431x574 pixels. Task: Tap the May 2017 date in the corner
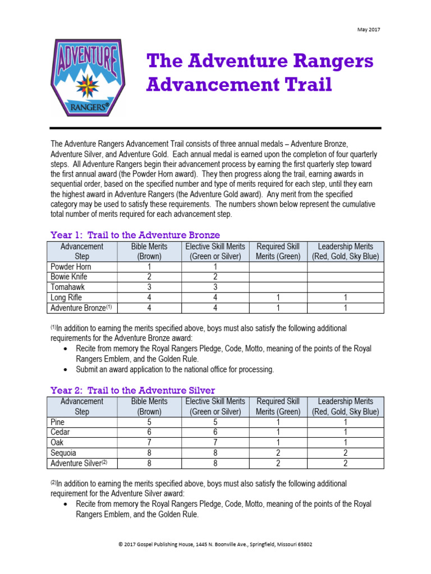point(368,30)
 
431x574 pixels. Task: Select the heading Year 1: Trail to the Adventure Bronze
point(135,235)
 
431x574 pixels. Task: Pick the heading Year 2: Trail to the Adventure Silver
point(132,390)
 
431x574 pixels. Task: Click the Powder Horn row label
point(71,267)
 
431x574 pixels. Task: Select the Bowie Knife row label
point(69,277)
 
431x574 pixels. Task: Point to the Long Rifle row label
point(67,298)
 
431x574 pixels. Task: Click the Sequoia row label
point(63,453)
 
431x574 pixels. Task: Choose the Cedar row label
point(61,432)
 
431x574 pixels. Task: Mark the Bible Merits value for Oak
point(149,443)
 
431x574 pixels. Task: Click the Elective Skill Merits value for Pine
point(215,422)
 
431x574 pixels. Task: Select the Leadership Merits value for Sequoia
point(346,453)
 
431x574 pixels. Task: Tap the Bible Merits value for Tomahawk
point(149,287)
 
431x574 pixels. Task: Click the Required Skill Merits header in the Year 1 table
point(278,251)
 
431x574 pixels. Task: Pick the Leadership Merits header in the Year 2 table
point(346,406)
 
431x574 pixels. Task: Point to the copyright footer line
point(215,544)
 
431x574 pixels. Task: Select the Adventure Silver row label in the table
point(79,464)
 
